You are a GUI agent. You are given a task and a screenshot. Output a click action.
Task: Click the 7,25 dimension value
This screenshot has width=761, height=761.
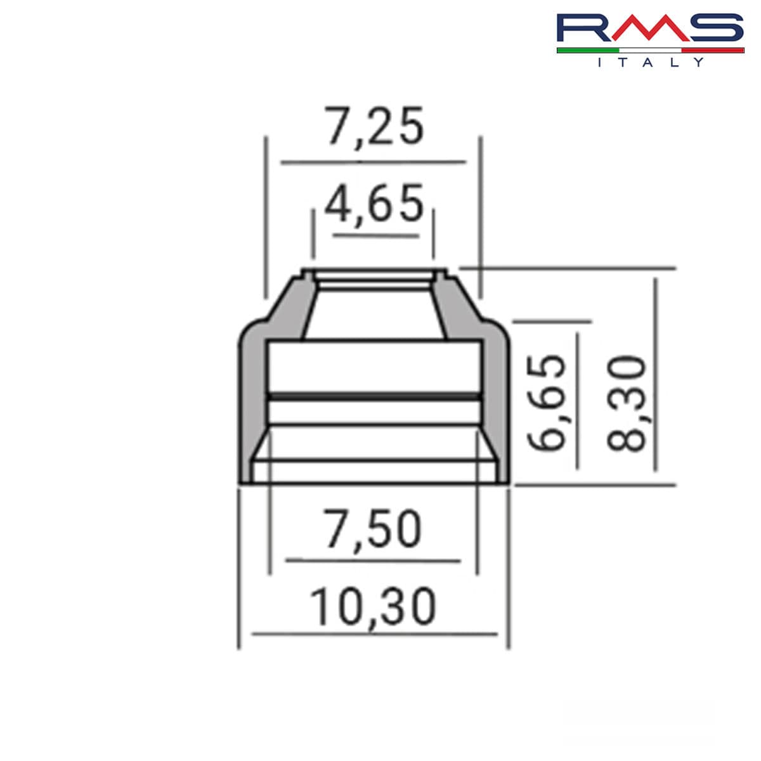(374, 127)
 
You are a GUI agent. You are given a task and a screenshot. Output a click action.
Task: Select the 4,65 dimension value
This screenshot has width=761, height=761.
(374, 204)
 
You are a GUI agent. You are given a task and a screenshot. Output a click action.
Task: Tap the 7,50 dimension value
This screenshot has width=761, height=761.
(373, 530)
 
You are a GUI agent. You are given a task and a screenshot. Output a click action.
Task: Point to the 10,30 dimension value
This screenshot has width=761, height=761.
(373, 607)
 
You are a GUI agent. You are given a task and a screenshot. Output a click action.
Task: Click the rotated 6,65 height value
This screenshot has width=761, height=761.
(547, 403)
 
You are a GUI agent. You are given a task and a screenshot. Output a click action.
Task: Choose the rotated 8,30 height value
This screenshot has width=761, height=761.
(626, 403)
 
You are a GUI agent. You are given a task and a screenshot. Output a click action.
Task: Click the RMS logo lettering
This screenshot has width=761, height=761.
(649, 29)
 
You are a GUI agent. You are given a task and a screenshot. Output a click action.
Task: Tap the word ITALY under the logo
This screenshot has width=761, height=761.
(651, 62)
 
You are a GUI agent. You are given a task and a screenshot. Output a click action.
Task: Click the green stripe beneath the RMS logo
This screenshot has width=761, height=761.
(587, 49)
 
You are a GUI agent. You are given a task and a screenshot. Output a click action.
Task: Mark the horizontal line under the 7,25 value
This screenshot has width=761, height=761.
(373, 162)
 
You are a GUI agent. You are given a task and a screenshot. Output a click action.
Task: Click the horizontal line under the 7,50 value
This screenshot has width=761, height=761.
(373, 561)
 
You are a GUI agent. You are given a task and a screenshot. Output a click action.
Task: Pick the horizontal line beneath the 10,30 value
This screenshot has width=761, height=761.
(374, 633)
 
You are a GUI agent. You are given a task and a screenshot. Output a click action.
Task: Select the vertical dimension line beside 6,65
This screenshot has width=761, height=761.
(578, 400)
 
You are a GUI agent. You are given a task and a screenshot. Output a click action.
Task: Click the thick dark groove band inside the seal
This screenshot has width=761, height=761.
(374, 396)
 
